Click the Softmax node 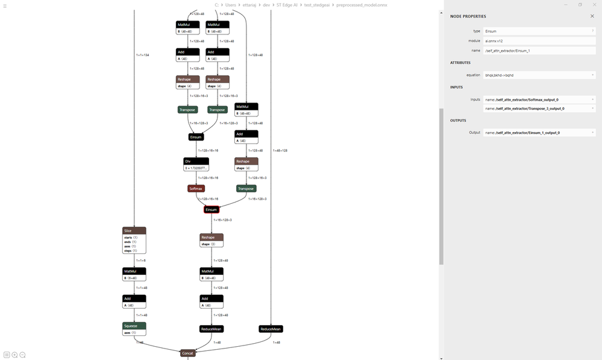point(196,189)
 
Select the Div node point(196,161)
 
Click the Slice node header point(134,230)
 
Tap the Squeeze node point(134,326)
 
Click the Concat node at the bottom point(188,353)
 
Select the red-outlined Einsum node point(211,210)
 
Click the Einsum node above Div point(196,137)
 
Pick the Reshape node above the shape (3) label point(212,237)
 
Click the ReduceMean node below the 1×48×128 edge point(271,329)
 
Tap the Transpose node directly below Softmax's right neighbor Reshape point(246,189)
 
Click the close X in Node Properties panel point(592,16)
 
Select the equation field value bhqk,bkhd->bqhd point(536,75)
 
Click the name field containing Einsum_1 point(536,51)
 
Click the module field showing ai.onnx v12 point(536,40)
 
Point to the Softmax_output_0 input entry point(536,99)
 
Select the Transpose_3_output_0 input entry point(536,109)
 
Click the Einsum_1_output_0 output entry point(536,132)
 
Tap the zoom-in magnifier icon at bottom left point(14,355)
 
